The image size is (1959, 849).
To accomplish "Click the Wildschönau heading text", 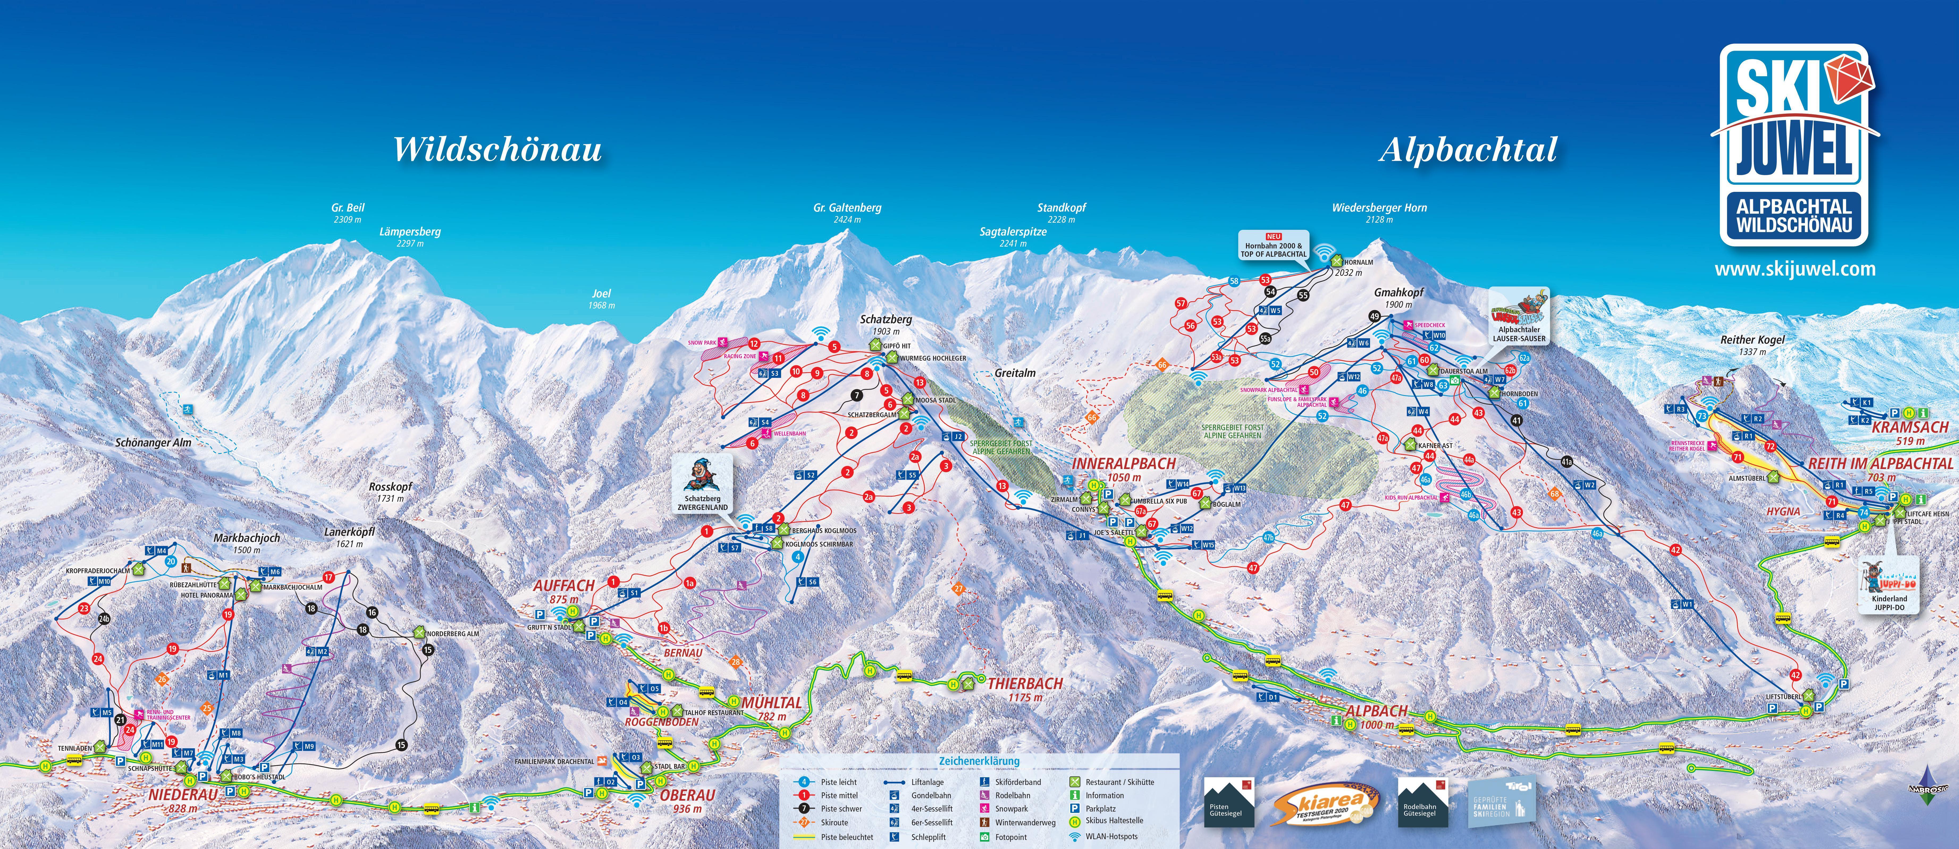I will click(497, 149).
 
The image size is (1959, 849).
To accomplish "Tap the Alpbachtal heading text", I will click(1468, 149).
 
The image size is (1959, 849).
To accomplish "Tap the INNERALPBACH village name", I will click(1124, 464).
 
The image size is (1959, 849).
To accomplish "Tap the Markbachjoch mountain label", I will click(246, 538).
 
